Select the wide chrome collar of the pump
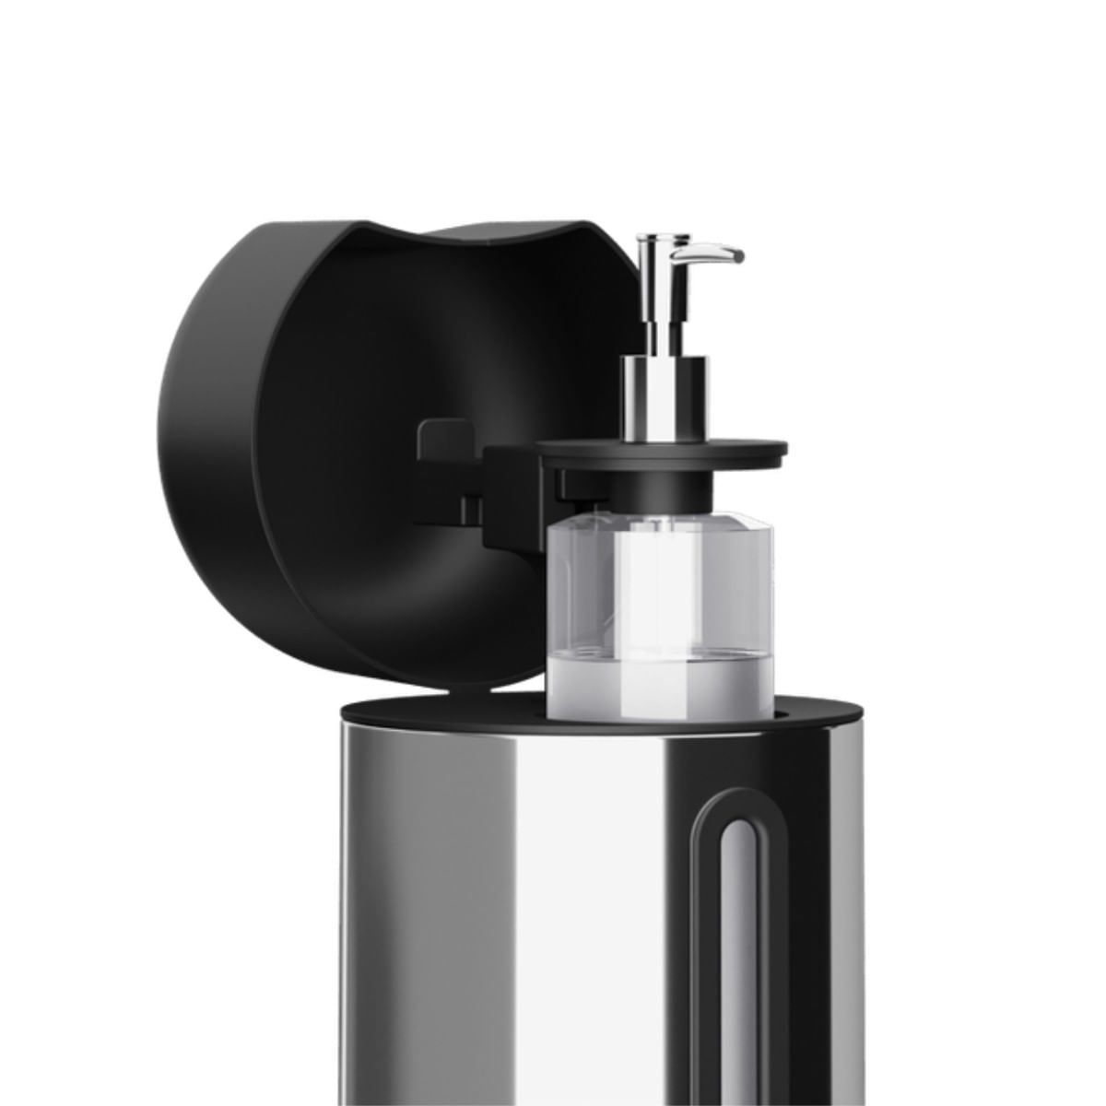[x=665, y=396]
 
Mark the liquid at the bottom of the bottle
[x=660, y=687]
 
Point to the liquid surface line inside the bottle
[x=660, y=656]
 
